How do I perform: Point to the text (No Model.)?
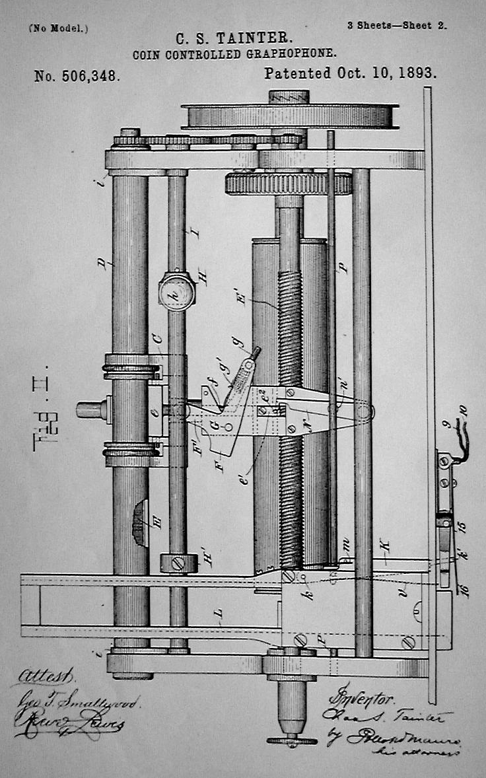58,28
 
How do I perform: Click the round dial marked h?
177,291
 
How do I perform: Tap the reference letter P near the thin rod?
343,267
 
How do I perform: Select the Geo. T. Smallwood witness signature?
76,701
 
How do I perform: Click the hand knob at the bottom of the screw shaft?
291,739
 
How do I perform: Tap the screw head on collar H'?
178,564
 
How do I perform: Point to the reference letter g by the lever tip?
237,342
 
